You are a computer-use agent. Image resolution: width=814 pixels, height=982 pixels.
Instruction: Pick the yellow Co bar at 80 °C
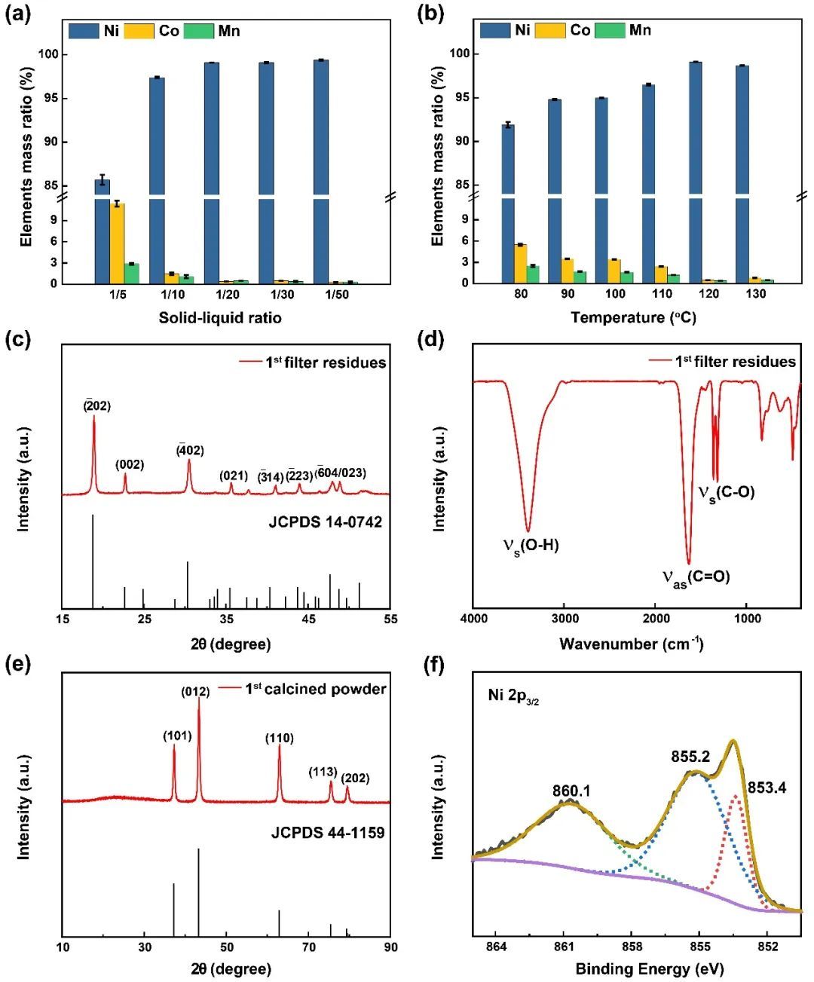point(520,264)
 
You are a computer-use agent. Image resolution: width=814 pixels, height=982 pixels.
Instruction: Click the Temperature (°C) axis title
point(633,317)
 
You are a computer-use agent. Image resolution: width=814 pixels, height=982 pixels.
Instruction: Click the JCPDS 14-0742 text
point(325,522)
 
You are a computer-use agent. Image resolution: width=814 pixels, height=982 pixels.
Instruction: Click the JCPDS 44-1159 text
point(328,833)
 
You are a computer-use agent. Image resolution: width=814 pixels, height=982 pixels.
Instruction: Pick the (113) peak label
point(323,772)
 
